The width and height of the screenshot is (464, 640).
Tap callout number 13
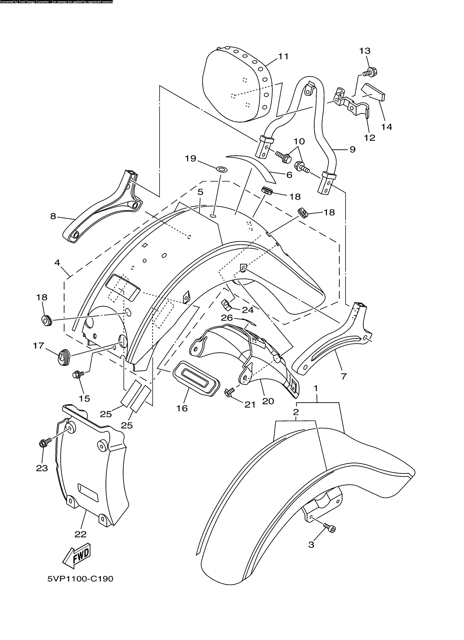pyautogui.click(x=365, y=51)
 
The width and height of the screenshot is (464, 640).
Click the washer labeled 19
pyautogui.click(x=221, y=170)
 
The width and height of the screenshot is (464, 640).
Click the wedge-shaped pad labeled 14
pyautogui.click(x=373, y=92)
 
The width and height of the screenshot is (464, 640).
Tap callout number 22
pyautogui.click(x=81, y=534)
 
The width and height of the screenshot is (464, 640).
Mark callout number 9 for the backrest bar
pyautogui.click(x=352, y=149)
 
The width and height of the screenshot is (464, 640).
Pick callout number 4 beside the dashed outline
pyautogui.click(x=57, y=263)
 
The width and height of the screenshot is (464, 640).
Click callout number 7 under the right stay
pyautogui.click(x=344, y=376)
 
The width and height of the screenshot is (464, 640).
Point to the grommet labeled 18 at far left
pyautogui.click(x=46, y=320)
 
